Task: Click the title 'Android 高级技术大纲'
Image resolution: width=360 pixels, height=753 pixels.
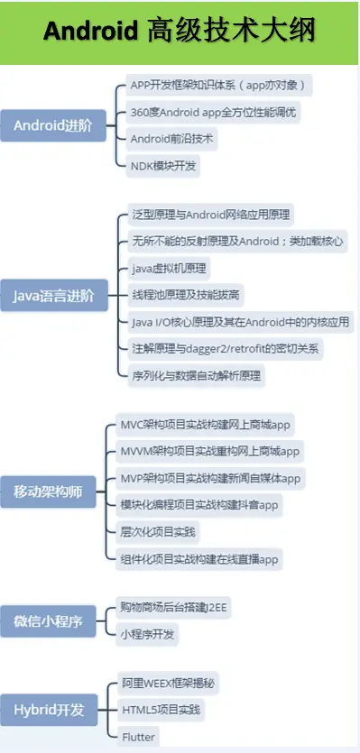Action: click(x=180, y=31)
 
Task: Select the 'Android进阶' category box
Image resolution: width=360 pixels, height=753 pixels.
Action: click(x=52, y=125)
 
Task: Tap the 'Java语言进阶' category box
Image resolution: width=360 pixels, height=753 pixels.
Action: click(x=52, y=295)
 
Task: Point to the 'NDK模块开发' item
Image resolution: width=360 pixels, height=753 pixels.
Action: click(x=163, y=166)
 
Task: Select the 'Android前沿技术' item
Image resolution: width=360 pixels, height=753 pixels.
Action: click(x=174, y=140)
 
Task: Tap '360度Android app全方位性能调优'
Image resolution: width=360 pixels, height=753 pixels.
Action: click(x=213, y=113)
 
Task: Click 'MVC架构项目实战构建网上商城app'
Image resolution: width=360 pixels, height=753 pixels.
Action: click(x=207, y=424)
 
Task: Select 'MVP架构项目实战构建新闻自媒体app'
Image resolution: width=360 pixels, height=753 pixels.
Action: click(x=210, y=478)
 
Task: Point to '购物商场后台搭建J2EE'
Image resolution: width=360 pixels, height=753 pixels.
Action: click(x=174, y=608)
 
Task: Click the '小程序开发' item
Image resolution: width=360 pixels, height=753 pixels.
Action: click(x=149, y=634)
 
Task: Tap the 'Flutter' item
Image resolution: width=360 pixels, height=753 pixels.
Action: click(x=138, y=737)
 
